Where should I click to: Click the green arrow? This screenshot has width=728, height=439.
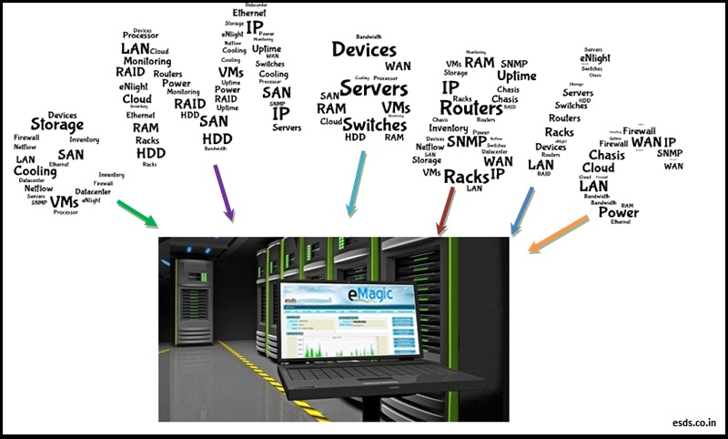(137, 211)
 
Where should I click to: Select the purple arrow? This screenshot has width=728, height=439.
(224, 193)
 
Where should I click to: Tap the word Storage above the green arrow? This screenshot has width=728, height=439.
(57, 125)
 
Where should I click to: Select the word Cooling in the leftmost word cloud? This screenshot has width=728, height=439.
(35, 171)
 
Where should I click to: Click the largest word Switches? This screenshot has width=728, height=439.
(374, 125)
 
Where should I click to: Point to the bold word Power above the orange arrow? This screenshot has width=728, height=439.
(618, 213)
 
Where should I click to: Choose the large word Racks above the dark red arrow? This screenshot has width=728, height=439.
(466, 176)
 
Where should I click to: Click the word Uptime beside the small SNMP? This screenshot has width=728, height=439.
(517, 76)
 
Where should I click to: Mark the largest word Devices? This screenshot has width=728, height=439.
(364, 49)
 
